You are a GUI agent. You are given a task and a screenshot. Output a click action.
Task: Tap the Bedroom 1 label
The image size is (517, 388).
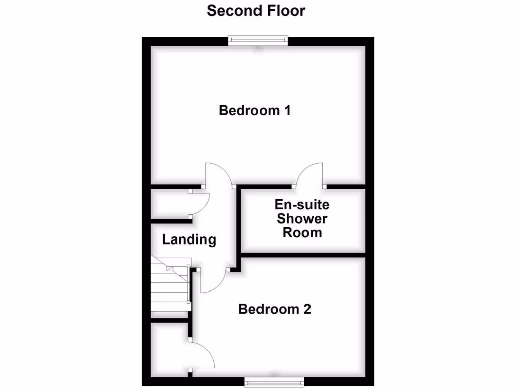point(254,110)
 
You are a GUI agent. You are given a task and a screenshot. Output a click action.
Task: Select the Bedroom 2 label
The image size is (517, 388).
point(275,309)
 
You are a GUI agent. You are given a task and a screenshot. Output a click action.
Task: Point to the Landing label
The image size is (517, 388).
point(189,239)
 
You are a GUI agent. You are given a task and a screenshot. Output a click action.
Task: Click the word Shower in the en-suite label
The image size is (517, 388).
point(302,219)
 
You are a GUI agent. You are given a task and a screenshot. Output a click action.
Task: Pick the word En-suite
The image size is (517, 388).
point(302,205)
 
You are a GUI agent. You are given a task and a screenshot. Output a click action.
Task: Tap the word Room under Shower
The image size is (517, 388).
point(302,233)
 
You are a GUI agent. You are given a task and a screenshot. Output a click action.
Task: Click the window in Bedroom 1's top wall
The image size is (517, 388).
point(257,41)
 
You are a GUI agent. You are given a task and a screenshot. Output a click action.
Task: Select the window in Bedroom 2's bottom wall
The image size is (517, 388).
point(275,381)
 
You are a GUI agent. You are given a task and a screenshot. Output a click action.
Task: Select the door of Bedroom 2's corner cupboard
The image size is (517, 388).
point(203,356)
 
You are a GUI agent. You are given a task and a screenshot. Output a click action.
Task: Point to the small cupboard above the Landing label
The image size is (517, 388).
point(171,204)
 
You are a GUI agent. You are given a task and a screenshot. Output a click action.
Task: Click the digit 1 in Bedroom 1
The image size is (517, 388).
point(287,110)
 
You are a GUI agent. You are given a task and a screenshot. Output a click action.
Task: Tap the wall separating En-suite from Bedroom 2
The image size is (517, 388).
point(303,254)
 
